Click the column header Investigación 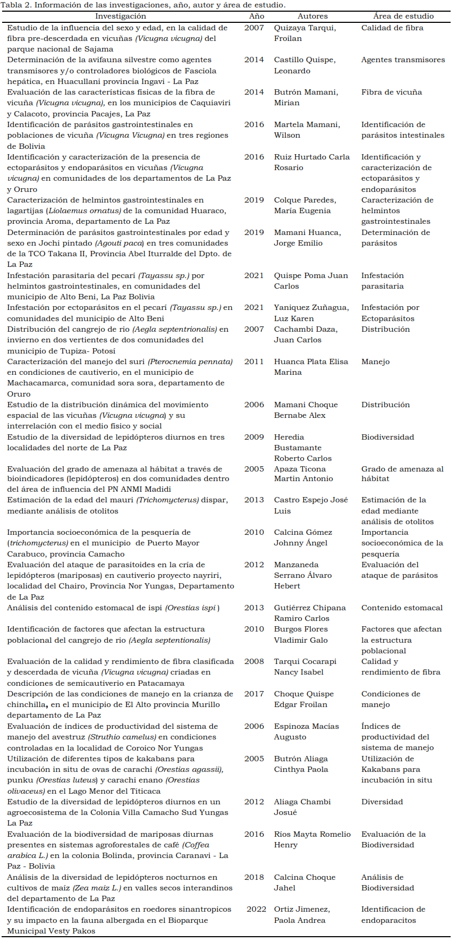pyautogui.click(x=121, y=16)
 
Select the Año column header pyautogui.click(x=257, y=16)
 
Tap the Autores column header pyautogui.click(x=312, y=16)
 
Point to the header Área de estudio pyautogui.click(x=403, y=16)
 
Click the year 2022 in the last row pyautogui.click(x=256, y=909)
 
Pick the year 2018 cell pyautogui.click(x=254, y=877)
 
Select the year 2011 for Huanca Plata pyautogui.click(x=254, y=361)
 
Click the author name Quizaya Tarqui pyautogui.click(x=305, y=28)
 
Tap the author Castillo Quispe pyautogui.click(x=305, y=60)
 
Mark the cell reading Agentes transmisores pyautogui.click(x=403, y=60)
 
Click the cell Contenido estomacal pyautogui.click(x=402, y=608)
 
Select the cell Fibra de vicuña pyautogui.click(x=392, y=92)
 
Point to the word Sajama pyautogui.click(x=99, y=49)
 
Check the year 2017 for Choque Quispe pyautogui.click(x=254, y=694)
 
